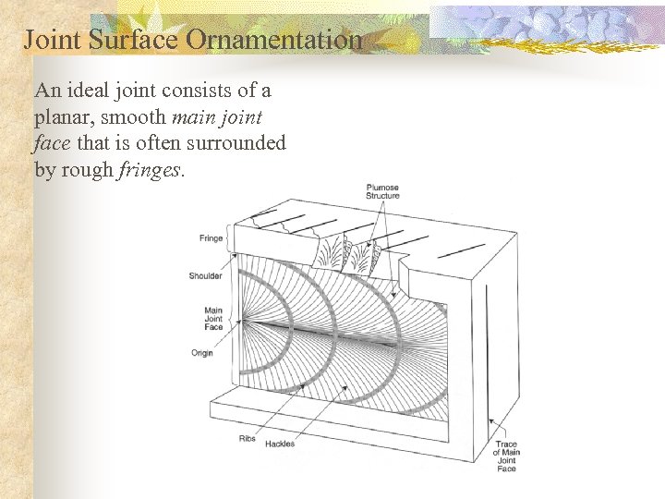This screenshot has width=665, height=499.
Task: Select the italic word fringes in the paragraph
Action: pos(151,170)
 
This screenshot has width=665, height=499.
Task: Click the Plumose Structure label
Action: pos(382,191)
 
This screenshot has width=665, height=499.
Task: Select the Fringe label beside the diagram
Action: pos(211,238)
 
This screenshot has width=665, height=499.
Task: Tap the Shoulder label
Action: pos(206,275)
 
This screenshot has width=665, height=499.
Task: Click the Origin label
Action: pos(202,352)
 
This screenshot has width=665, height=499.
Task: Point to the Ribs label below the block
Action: pos(247,439)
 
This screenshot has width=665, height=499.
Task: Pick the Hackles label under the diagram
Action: pos(279,444)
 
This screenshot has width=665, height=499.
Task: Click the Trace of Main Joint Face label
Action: pos(506,456)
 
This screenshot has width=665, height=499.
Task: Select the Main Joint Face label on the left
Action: pos(212,319)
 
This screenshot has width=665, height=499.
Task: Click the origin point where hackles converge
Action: pos(245,323)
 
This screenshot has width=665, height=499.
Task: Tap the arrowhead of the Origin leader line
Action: pos(242,326)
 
